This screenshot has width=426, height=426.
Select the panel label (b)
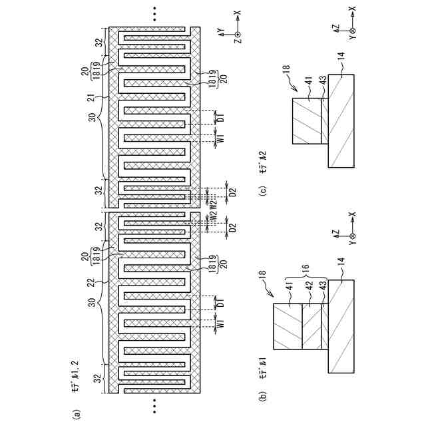264,398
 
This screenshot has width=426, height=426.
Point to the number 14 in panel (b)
340,264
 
